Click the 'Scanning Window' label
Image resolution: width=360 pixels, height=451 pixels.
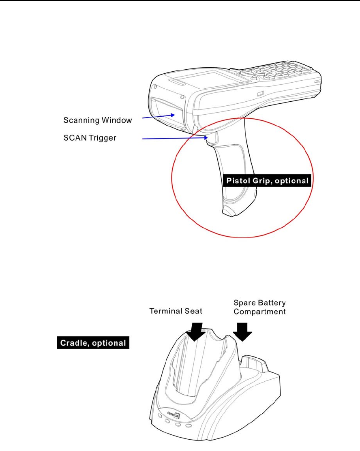98,120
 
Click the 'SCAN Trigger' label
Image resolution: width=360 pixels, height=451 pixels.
90,138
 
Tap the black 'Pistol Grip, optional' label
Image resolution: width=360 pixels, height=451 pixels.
267,180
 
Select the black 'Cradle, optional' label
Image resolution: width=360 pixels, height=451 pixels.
92,343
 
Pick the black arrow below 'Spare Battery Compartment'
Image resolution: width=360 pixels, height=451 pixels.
243,331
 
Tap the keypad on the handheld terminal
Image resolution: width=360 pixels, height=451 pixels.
280,73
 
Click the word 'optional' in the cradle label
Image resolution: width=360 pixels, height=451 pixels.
111,343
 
